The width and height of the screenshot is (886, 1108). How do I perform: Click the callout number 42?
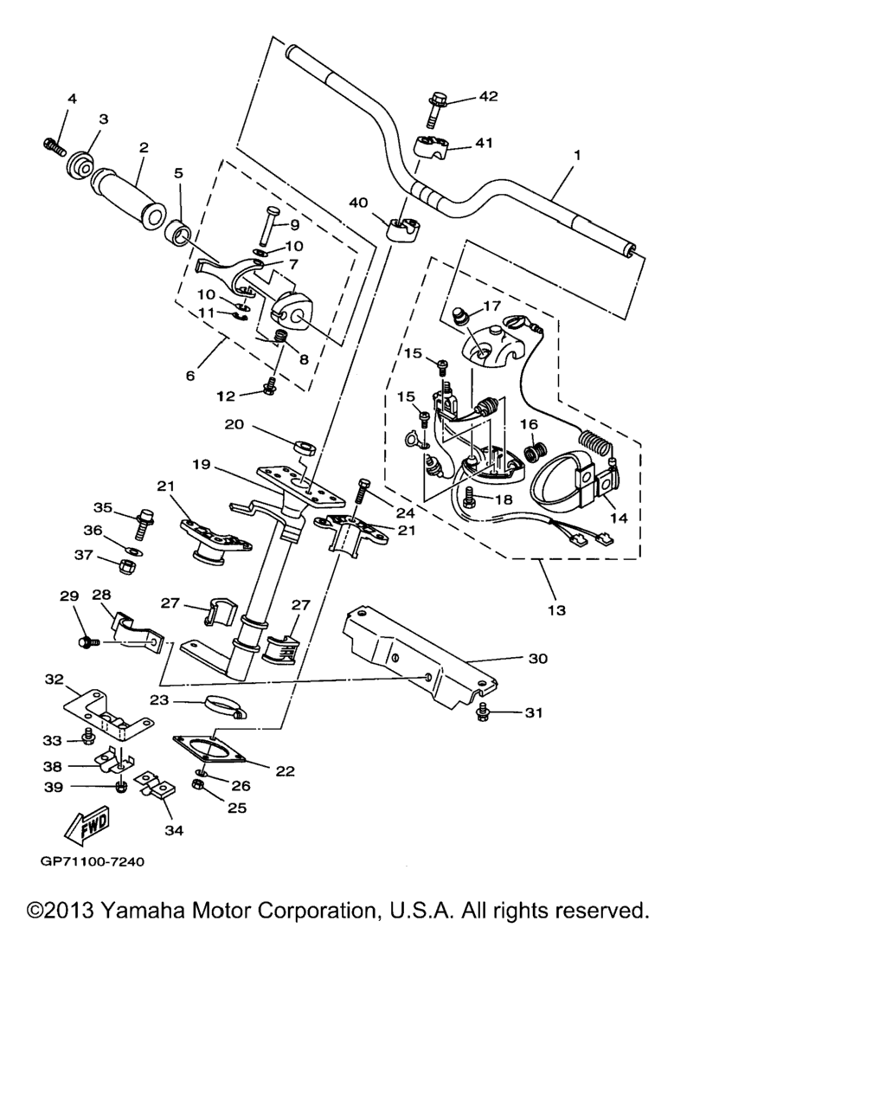pos(488,96)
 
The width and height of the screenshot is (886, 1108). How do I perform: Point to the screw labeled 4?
pos(54,146)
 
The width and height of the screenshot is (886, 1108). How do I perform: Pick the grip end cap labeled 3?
pos(80,164)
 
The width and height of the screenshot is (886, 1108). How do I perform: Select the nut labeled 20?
pos(305,448)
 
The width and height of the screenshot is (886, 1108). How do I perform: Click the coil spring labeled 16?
pos(536,452)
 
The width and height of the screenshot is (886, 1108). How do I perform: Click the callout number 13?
pos(556,610)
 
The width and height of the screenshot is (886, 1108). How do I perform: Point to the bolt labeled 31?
pos(483,712)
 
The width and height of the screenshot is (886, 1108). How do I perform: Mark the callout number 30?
pos(538,658)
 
